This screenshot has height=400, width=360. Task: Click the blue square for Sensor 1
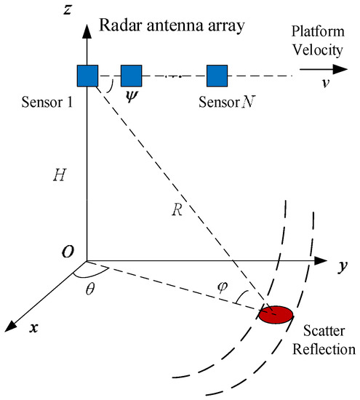[x=87, y=75]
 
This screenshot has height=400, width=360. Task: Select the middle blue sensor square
[x=131, y=75]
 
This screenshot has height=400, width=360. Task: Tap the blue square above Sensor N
[x=217, y=75]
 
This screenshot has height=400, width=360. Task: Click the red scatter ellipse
[x=276, y=315]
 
